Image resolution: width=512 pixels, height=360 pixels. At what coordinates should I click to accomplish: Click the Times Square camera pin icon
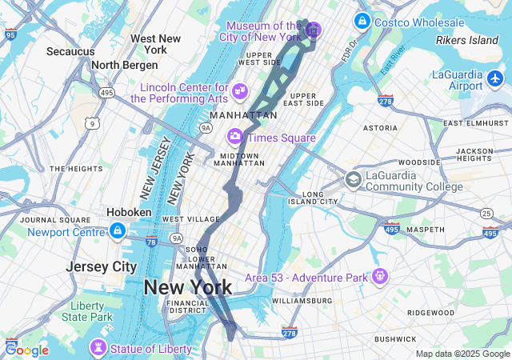235,137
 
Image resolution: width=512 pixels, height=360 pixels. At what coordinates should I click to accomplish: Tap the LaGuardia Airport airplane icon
495,80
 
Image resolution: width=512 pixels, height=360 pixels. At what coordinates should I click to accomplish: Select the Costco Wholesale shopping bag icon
362,21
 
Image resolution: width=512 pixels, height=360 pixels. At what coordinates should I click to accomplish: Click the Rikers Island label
466,40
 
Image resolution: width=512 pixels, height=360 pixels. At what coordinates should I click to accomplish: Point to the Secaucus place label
70,51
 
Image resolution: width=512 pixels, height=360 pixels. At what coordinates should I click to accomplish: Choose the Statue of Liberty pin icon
98,348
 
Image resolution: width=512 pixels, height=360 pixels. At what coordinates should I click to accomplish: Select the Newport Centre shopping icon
117,231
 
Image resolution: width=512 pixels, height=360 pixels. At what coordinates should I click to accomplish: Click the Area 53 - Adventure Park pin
379,277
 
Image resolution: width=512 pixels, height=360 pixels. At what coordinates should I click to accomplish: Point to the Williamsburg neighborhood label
302,300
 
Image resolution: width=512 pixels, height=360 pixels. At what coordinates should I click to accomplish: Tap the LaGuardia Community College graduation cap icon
353,179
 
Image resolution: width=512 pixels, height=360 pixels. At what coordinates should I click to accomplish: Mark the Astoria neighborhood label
380,128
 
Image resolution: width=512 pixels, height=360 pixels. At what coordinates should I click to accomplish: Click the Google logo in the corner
26,350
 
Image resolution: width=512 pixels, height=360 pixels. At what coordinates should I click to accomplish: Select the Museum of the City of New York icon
312,30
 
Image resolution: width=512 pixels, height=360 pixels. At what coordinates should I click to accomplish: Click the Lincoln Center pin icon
239,95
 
